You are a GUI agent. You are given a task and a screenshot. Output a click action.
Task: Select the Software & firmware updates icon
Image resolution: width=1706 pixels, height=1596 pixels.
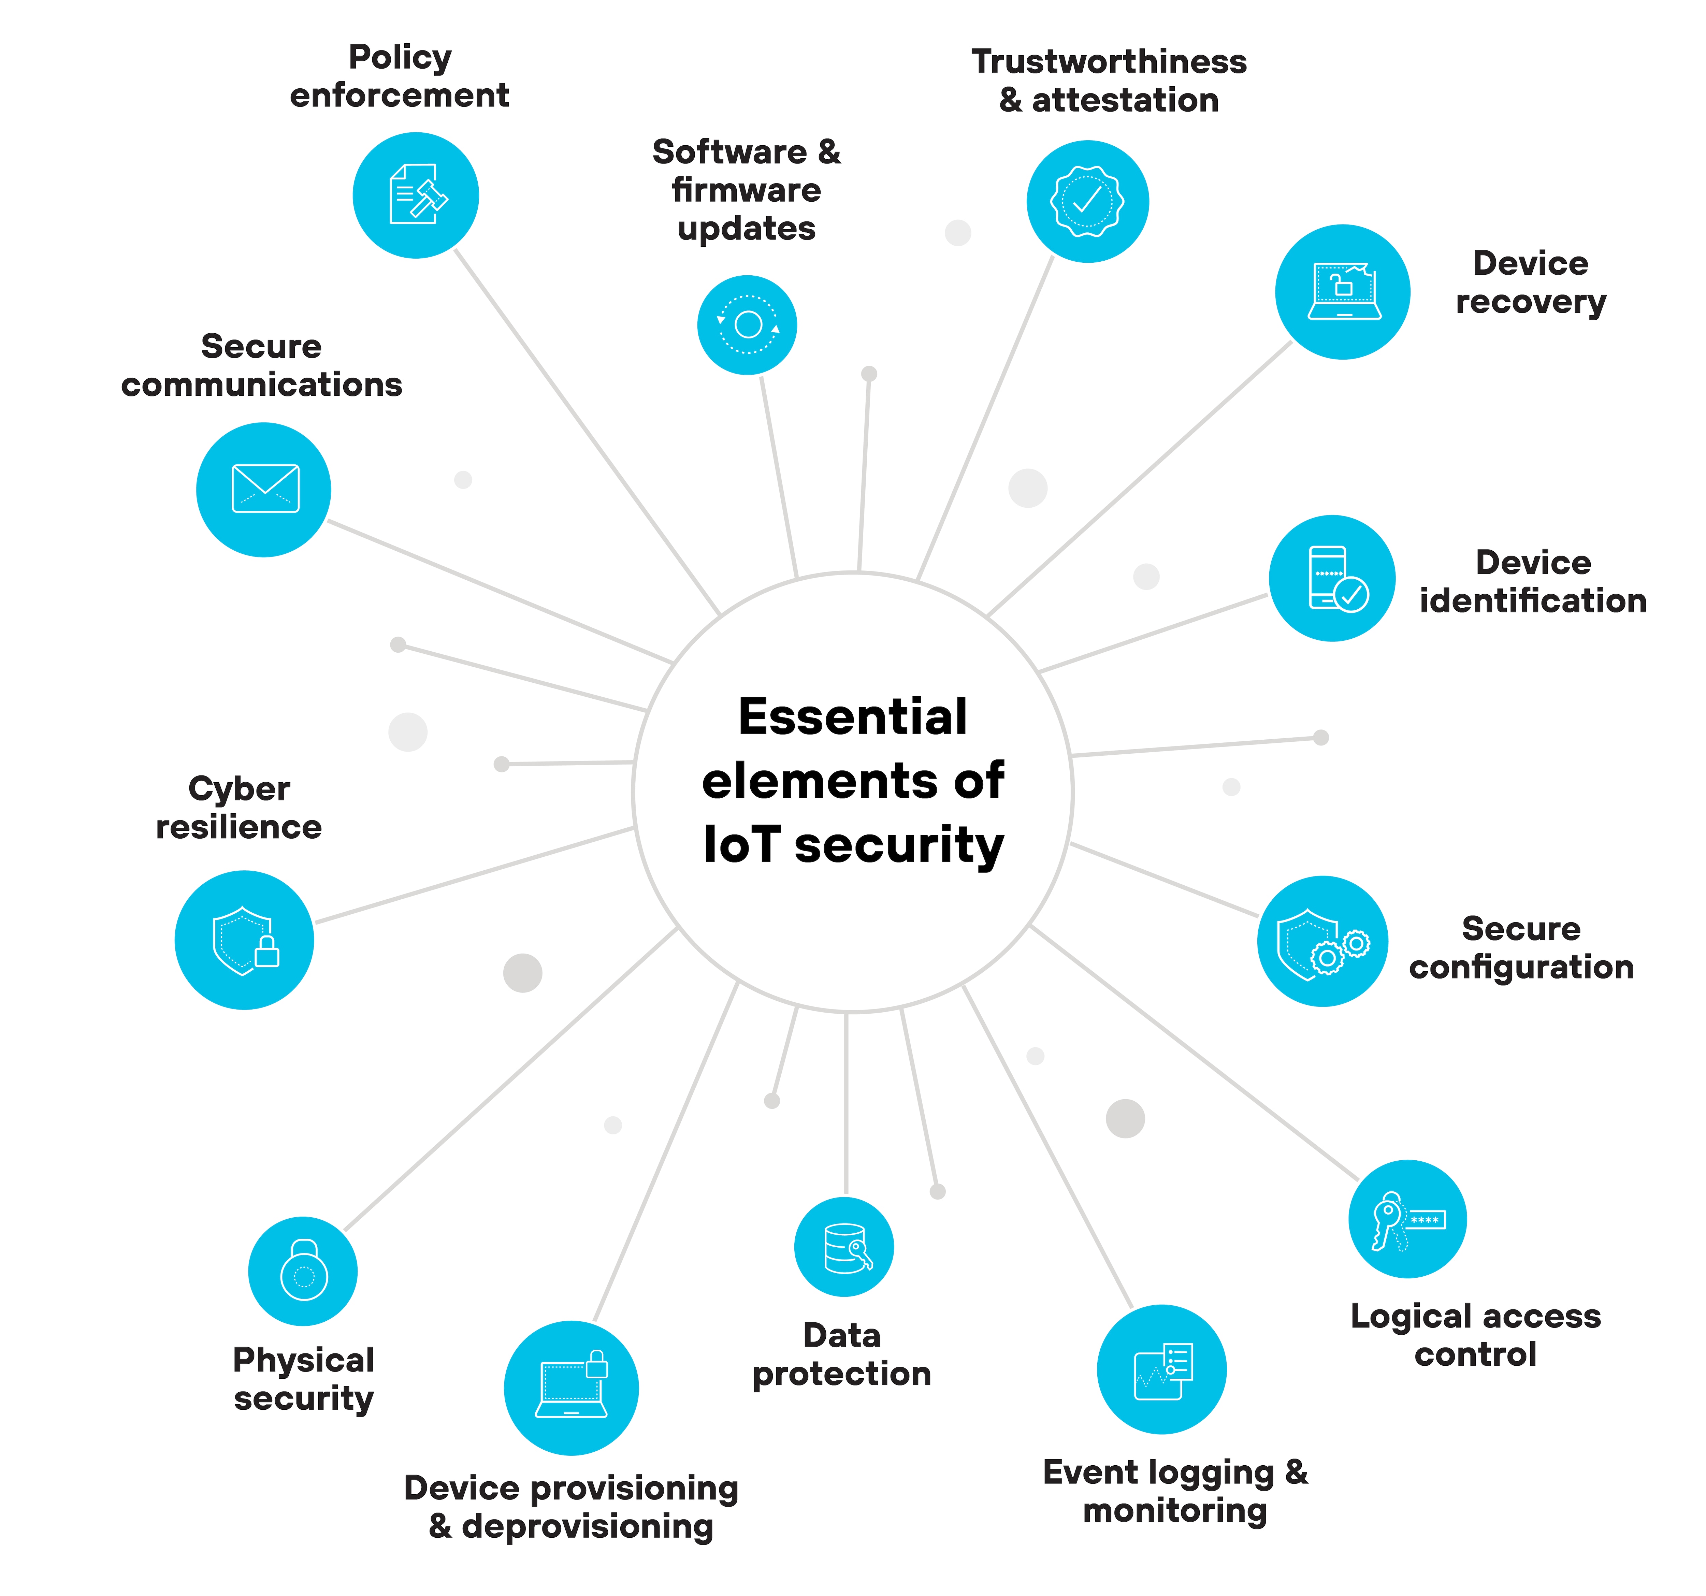(748, 325)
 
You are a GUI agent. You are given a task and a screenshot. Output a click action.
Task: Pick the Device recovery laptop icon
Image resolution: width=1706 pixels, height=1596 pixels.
(1343, 292)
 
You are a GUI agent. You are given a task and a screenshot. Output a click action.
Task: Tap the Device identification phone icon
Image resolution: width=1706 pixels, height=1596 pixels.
(1333, 578)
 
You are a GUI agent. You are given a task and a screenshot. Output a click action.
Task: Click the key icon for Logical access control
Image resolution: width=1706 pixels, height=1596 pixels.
(1407, 1219)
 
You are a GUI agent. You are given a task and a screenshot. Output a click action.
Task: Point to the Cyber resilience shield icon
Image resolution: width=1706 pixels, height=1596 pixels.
(245, 940)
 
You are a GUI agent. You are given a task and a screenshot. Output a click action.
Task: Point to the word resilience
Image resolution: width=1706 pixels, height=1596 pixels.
(238, 827)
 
